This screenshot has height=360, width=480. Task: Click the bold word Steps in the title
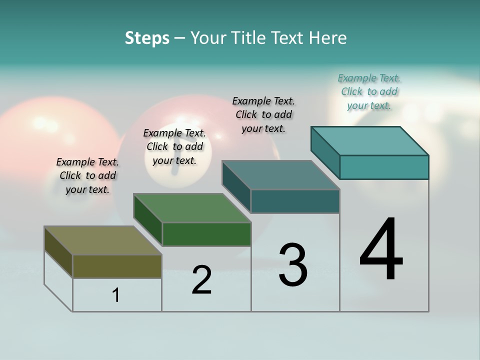[147, 38]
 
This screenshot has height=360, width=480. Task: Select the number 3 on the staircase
[292, 265]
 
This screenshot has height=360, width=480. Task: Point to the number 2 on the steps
[201, 280]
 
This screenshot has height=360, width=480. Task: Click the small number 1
[116, 295]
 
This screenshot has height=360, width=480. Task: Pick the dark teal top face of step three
[280, 175]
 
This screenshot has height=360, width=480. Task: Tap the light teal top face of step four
[369, 141]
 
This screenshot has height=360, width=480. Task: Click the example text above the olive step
[87, 175]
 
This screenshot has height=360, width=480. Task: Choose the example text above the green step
[174, 146]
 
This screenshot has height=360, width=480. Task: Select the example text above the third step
[263, 114]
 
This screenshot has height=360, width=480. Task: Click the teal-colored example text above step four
[369, 91]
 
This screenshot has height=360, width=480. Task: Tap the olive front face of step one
[117, 266]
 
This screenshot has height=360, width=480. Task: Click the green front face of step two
[206, 234]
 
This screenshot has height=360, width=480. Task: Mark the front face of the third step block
[295, 201]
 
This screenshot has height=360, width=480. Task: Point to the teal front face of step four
[384, 167]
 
